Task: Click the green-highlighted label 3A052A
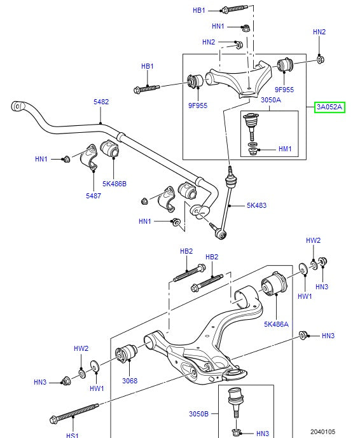[329, 107]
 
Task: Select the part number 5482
[101, 102]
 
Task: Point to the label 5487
[93, 196]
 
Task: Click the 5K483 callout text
[258, 205]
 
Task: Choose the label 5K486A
[276, 324]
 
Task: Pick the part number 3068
[130, 381]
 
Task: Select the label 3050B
[198, 414]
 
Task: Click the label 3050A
[253, 100]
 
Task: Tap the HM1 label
[284, 149]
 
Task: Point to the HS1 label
[72, 435]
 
